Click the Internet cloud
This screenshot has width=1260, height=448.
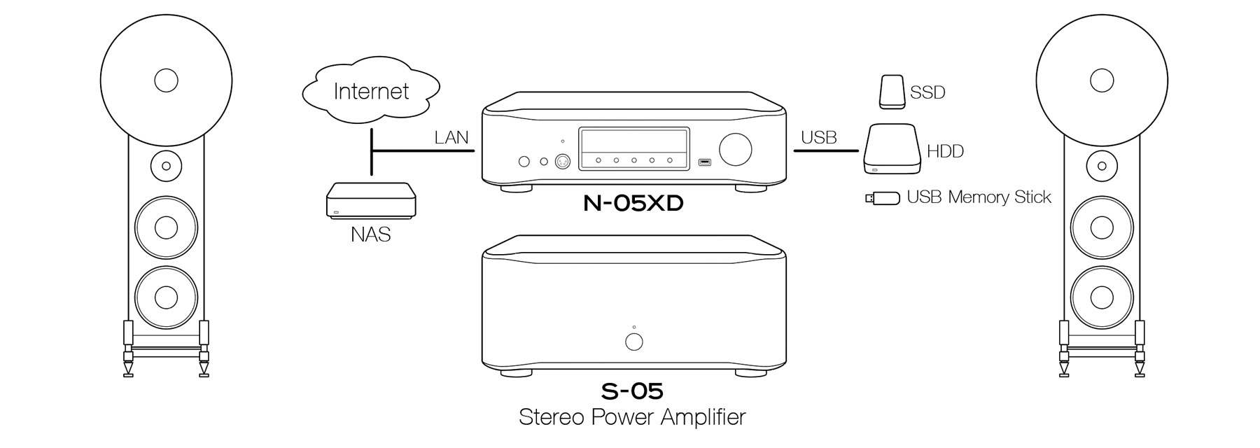(x=371, y=91)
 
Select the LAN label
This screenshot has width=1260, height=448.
(x=451, y=137)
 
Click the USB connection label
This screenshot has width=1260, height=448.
(x=818, y=137)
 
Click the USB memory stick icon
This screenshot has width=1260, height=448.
(x=883, y=198)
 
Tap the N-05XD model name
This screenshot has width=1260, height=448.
(x=633, y=204)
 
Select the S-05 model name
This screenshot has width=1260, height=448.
(x=631, y=391)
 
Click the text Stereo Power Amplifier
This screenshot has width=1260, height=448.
(x=631, y=417)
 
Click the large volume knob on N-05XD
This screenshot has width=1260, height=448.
(x=735, y=149)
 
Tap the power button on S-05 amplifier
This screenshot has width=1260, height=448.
(x=633, y=342)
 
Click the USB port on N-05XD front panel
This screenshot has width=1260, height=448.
(x=704, y=163)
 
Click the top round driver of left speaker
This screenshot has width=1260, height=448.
(x=166, y=80)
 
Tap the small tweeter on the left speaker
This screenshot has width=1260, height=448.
(x=166, y=166)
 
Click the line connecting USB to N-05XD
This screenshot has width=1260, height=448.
(x=826, y=150)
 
